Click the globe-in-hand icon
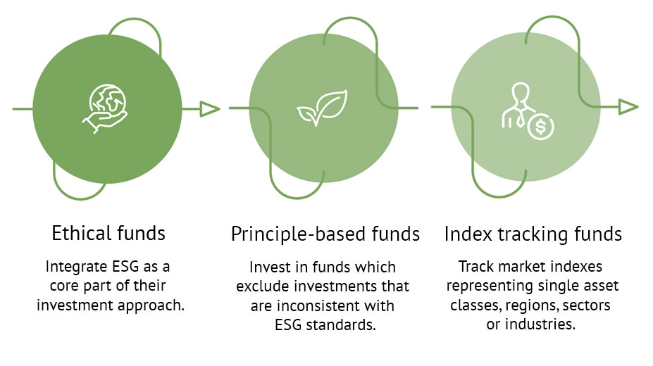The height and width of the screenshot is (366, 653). tap(104, 109)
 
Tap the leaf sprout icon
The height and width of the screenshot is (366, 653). tap(322, 108)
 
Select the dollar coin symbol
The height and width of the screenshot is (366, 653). tap(540, 127)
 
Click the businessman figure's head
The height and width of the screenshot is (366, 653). tap(521, 92)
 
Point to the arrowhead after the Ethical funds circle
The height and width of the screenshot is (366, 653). tap(209, 109)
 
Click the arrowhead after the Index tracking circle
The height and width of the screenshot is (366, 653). tap(628, 107)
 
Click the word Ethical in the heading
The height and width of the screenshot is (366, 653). tap(81, 233)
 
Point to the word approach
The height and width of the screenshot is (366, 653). tap(151, 306)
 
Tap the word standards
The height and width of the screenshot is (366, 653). tap(341, 325)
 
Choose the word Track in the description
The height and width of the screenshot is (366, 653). tap(476, 267)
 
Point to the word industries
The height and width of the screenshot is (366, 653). tap(540, 324)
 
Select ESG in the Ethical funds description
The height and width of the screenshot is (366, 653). tap(126, 267)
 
